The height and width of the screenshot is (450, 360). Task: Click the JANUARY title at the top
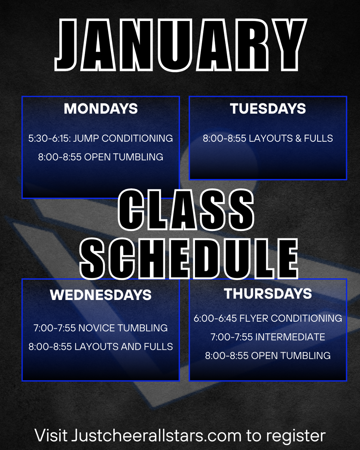(181, 45)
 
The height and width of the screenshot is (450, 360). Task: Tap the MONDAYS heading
(100, 109)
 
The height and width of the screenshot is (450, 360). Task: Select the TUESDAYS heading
(268, 109)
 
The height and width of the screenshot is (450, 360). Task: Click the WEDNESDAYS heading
(100, 295)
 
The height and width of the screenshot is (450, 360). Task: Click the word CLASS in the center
(186, 210)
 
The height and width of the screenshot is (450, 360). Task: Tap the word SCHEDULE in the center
(189, 259)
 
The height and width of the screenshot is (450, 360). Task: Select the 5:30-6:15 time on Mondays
(49, 138)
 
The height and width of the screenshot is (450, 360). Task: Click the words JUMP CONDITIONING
(123, 138)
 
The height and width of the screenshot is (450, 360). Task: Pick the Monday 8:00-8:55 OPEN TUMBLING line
(100, 157)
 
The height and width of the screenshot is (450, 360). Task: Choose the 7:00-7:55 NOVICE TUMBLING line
(100, 328)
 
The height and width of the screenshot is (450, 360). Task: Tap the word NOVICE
(97, 328)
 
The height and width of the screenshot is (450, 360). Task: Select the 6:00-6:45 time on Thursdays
(215, 318)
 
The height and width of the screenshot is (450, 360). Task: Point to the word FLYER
(254, 318)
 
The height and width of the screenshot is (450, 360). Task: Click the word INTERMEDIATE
(290, 337)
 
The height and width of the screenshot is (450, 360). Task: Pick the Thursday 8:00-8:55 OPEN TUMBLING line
(268, 356)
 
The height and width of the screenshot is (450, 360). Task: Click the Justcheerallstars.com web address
(156, 436)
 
